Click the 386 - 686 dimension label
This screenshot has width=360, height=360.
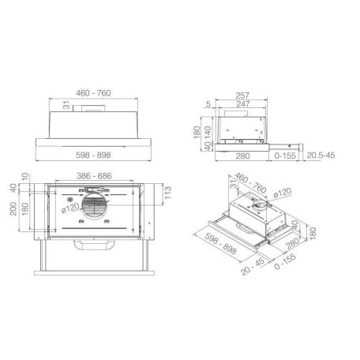tap(94, 176)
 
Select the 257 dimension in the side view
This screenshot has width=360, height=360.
tap(242, 96)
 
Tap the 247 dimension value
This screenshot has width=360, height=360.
tap(243, 104)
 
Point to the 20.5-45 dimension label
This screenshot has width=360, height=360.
tap(321, 156)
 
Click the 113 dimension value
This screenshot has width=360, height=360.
tap(167, 193)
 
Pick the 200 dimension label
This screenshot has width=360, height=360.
tap(13, 208)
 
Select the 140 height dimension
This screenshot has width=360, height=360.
tap(208, 133)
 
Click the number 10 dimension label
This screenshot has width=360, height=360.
tap(24, 176)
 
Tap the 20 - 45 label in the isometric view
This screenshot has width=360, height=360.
tap(253, 266)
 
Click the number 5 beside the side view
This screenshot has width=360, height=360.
tap(208, 104)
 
